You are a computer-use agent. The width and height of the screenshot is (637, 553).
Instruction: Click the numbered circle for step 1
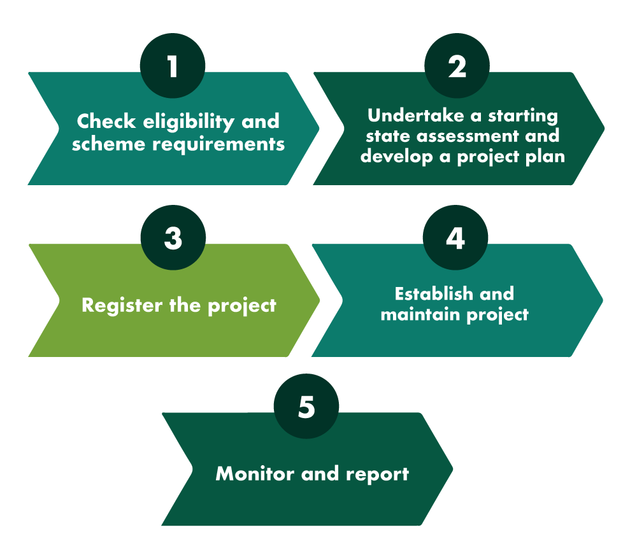point(173,66)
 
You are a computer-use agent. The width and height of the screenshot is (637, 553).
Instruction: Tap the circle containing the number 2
point(457,66)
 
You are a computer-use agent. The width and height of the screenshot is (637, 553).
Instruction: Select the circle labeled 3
point(173,237)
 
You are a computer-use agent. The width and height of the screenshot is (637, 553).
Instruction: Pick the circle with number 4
point(455,237)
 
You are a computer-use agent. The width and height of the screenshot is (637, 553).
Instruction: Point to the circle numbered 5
point(306,406)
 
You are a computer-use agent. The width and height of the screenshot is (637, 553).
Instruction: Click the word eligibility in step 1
point(189,122)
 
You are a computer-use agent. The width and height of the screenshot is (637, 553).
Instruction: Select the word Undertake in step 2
point(415,116)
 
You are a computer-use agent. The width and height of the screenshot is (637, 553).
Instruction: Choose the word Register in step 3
point(122,305)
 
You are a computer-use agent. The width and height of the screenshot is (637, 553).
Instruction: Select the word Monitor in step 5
point(255,473)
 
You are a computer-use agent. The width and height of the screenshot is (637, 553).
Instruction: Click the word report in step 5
point(377,475)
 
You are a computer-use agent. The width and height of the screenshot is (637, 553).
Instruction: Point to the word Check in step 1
point(106,122)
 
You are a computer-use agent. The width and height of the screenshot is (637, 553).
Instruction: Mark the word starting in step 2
point(523,116)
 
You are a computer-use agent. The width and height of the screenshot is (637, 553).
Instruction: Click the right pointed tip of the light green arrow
point(320,300)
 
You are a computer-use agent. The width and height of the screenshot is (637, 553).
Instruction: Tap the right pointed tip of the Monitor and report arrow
point(453,470)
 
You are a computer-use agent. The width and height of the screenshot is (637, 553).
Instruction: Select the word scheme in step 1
point(108,144)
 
